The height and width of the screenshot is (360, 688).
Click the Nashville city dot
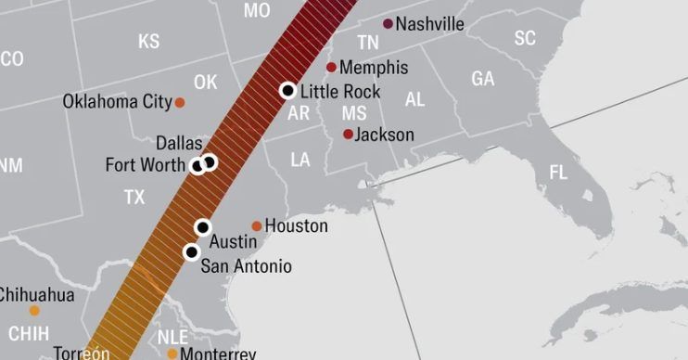coord(388,23)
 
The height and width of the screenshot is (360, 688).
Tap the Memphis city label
coord(374,68)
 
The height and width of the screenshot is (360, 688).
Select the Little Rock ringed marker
coord(287,90)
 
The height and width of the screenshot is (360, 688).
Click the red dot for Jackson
coord(349,135)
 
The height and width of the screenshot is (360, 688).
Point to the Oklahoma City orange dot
coord(180,102)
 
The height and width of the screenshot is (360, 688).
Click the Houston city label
coord(296,225)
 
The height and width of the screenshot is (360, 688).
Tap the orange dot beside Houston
coord(257,225)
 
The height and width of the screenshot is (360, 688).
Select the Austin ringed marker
coord(203,227)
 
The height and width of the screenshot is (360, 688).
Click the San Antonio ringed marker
coord(192,251)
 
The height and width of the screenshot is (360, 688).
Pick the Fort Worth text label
coord(145,165)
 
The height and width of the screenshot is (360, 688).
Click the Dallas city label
coord(178,143)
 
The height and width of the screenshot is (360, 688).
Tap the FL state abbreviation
coord(558,173)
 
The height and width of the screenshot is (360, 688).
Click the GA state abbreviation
coord(482,80)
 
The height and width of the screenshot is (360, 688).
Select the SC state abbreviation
coord(525,38)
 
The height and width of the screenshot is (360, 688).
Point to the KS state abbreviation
coord(148,42)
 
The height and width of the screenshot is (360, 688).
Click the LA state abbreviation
coord(299,161)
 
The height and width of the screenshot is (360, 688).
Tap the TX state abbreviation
coord(134,198)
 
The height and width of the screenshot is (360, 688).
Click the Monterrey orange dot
coord(172,354)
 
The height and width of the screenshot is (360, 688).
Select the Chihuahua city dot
coord(34,311)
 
